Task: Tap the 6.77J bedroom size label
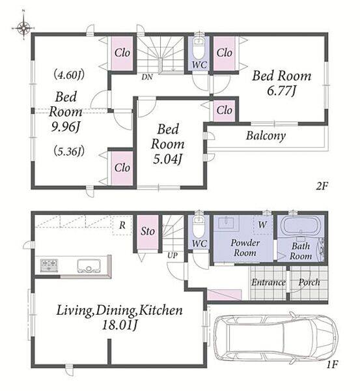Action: (x=281, y=91)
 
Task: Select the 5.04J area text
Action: (x=167, y=160)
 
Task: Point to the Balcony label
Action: (x=266, y=136)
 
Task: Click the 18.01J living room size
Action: (x=120, y=325)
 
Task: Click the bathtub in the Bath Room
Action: (x=301, y=225)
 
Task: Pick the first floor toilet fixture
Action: (x=199, y=226)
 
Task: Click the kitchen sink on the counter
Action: (x=89, y=266)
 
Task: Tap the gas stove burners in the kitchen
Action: (x=49, y=266)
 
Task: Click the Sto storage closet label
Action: (x=148, y=231)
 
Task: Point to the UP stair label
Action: (x=173, y=255)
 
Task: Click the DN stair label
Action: (x=147, y=77)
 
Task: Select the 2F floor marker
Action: (x=321, y=186)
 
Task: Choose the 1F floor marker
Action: (x=332, y=365)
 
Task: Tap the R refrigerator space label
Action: (x=122, y=225)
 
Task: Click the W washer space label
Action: (x=262, y=225)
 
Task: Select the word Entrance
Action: (x=268, y=283)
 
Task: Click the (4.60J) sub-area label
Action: (x=69, y=75)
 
